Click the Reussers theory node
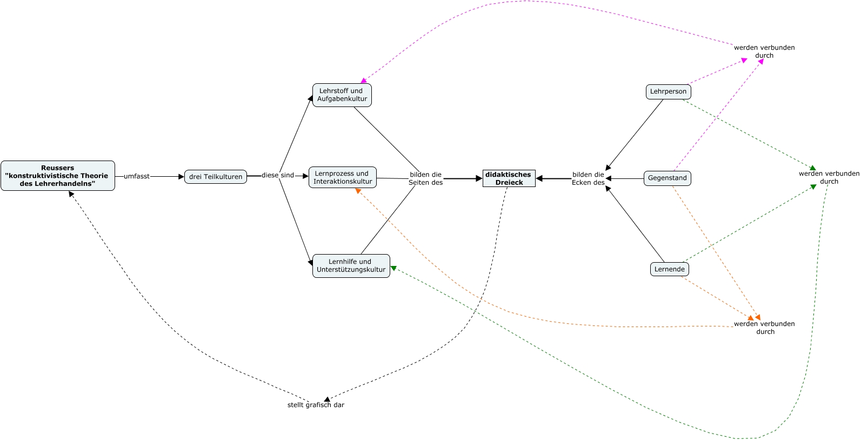57,176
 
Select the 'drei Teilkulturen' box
216,177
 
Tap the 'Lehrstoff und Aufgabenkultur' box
342,95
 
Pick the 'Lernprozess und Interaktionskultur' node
343,177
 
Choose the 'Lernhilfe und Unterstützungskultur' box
351,266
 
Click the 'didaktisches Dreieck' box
509,178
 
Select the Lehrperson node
668,92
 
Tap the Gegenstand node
667,178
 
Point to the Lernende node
669,269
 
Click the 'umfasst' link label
136,176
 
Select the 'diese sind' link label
278,175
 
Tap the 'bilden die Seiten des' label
425,178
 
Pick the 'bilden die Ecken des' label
588,178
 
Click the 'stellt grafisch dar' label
316,405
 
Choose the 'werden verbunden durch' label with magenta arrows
764,51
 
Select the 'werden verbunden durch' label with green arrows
829,177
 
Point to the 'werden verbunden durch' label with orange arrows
764,328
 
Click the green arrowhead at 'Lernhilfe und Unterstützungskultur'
393,268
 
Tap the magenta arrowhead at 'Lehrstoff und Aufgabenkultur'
364,81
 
